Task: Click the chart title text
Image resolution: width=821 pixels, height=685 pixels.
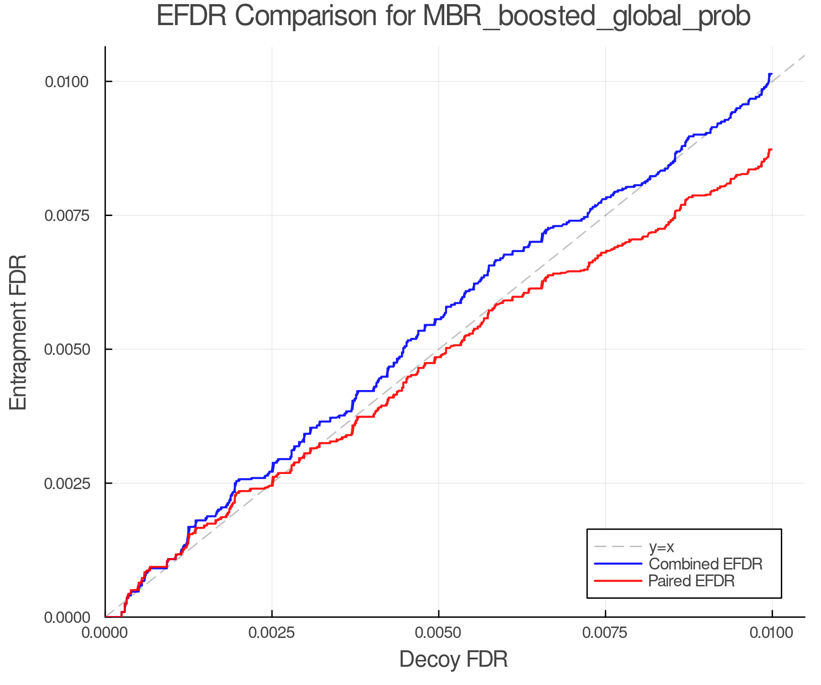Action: click(x=453, y=16)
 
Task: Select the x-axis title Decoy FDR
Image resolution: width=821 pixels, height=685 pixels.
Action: click(x=453, y=659)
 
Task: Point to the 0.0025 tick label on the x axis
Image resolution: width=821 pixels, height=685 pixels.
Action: click(x=272, y=633)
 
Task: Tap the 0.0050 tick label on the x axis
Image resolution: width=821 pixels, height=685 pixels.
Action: click(x=438, y=633)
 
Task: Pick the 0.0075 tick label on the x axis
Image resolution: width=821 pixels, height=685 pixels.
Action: click(x=605, y=633)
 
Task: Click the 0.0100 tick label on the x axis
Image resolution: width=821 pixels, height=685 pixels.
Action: click(x=772, y=633)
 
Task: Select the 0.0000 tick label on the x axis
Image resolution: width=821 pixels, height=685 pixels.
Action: click(x=105, y=633)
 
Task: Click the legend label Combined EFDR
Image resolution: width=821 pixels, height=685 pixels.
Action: click(x=705, y=564)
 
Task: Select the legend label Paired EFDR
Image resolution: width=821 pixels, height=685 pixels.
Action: click(x=691, y=581)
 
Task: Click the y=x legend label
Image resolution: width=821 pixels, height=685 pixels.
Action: click(x=661, y=547)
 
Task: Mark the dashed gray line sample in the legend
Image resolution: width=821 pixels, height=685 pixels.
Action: click(x=618, y=547)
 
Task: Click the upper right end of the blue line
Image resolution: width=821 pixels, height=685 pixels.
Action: click(x=771, y=74)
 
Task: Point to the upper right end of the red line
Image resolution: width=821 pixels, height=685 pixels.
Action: click(x=771, y=149)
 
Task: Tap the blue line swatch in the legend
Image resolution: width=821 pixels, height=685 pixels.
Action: click(x=618, y=564)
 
